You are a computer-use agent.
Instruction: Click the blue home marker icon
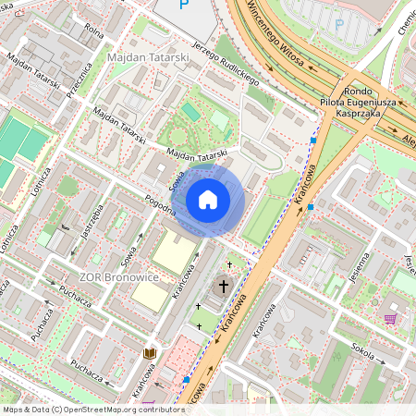tap(208, 200)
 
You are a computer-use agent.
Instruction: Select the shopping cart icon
tap(390, 319)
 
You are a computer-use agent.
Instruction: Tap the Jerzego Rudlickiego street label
tap(226, 64)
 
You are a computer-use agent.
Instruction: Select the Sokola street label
tap(362, 348)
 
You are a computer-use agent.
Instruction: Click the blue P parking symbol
tap(338, 24)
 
